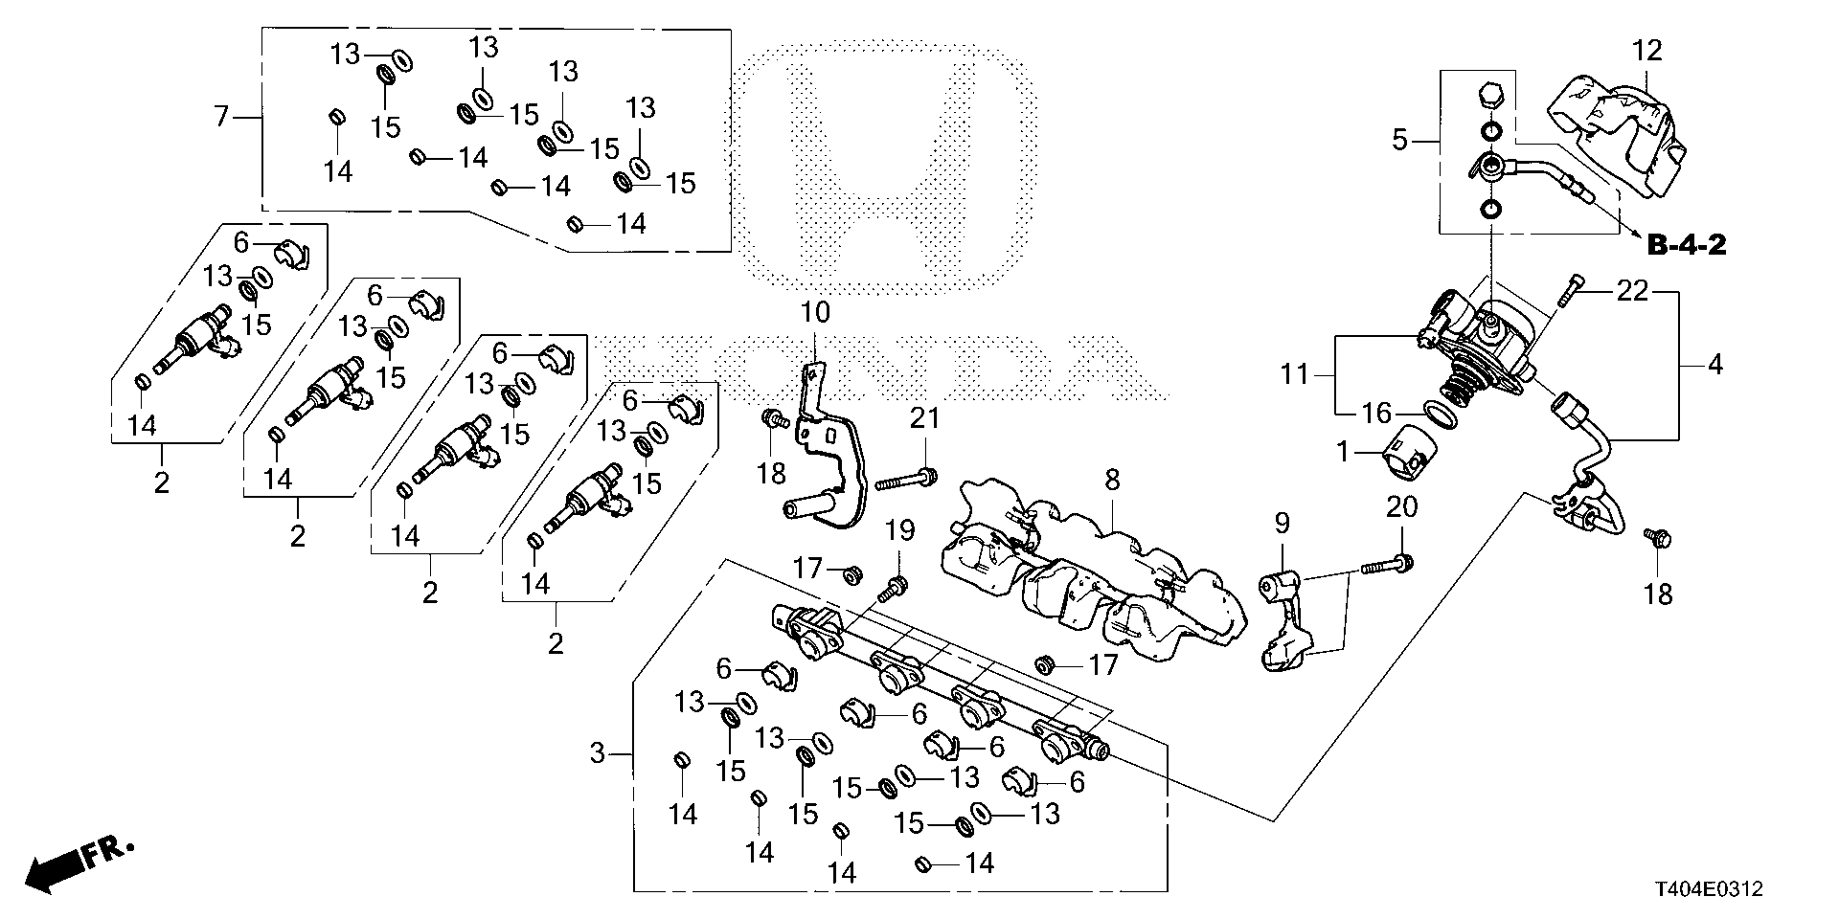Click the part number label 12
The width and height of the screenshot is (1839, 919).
click(x=1647, y=51)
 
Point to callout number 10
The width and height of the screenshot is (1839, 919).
click(x=816, y=312)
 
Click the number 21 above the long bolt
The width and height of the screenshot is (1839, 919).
click(x=925, y=417)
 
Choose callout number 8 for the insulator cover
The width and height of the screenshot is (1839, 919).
click(x=1111, y=480)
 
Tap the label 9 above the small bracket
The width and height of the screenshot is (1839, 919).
click(x=1282, y=523)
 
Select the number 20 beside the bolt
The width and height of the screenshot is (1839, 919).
click(x=1401, y=507)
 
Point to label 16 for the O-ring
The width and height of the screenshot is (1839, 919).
click(x=1377, y=414)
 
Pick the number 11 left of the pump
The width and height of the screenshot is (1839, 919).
click(x=1295, y=373)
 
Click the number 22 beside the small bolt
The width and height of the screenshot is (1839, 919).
click(x=1632, y=290)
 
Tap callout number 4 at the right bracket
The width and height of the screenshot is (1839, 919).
click(x=1714, y=365)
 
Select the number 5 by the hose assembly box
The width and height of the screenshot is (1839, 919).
click(x=1400, y=142)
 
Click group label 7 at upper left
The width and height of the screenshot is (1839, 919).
click(x=221, y=118)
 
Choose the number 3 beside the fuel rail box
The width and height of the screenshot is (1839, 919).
click(x=598, y=754)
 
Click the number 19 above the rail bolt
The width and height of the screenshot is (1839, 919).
click(x=898, y=530)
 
